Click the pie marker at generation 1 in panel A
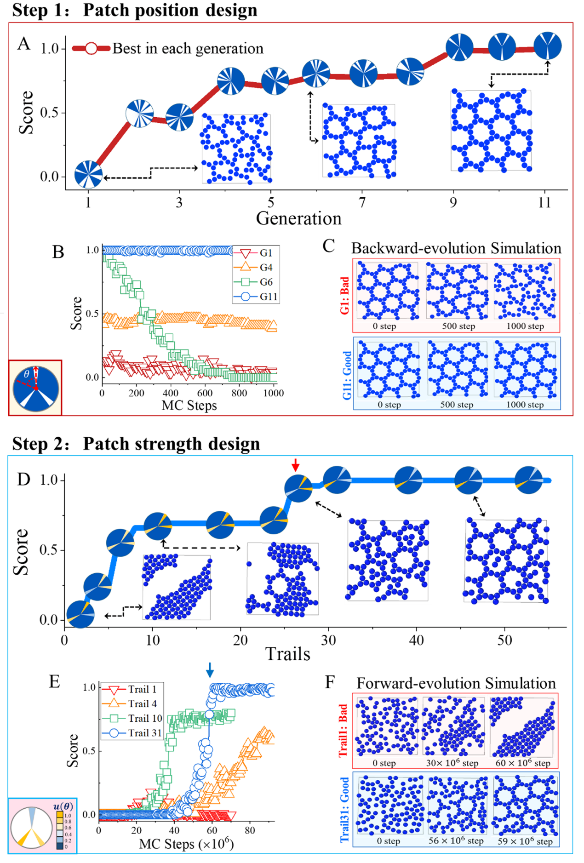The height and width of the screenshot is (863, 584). pos(88,175)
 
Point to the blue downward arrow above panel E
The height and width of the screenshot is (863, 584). pos(210,670)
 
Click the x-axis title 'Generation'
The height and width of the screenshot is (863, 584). pos(298,218)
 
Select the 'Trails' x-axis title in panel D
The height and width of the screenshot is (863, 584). pos(288,654)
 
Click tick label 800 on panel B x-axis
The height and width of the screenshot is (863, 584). pos(239,393)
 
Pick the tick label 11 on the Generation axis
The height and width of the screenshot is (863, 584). pos(544,203)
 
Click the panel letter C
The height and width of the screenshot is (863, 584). pos(328,246)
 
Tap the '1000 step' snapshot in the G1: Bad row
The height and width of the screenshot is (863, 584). pos(525,291)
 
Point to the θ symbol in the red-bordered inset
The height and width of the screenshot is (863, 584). pos(27,374)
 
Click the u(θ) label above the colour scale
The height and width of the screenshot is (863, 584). pos(63,806)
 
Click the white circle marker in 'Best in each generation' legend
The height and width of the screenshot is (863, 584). pos(91,48)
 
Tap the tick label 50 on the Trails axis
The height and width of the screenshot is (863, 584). pos(504,640)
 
